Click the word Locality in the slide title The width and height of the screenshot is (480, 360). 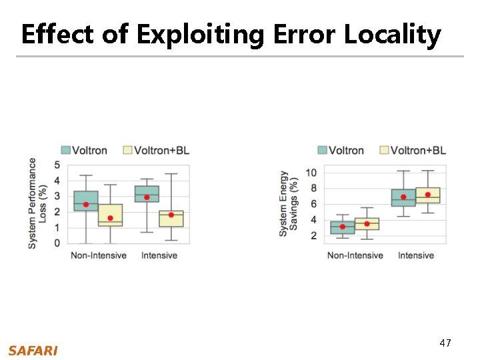point(392,33)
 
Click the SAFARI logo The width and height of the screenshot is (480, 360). point(33,351)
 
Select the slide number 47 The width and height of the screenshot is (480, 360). point(445,343)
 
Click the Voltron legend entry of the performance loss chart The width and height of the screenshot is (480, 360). point(84,150)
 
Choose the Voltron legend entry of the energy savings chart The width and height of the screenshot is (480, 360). point(341,150)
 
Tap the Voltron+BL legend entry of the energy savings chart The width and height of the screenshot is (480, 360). point(412,150)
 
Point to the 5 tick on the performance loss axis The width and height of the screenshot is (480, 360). point(57,165)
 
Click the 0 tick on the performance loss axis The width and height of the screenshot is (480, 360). point(57,243)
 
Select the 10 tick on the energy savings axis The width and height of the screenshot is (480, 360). point(311,173)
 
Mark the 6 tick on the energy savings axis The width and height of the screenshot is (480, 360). point(313,204)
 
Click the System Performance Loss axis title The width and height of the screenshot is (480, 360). point(37,203)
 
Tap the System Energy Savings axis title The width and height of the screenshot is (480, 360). point(289,203)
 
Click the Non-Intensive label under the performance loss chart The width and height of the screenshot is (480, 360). point(99,255)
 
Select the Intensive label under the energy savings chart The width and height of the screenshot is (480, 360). point(415,255)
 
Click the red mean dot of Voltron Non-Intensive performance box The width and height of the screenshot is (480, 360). point(86,205)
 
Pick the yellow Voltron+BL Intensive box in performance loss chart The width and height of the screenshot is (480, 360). point(171,219)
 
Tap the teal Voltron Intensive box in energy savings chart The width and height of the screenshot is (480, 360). point(403,197)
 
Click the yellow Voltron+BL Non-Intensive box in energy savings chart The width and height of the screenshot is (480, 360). point(367,224)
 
